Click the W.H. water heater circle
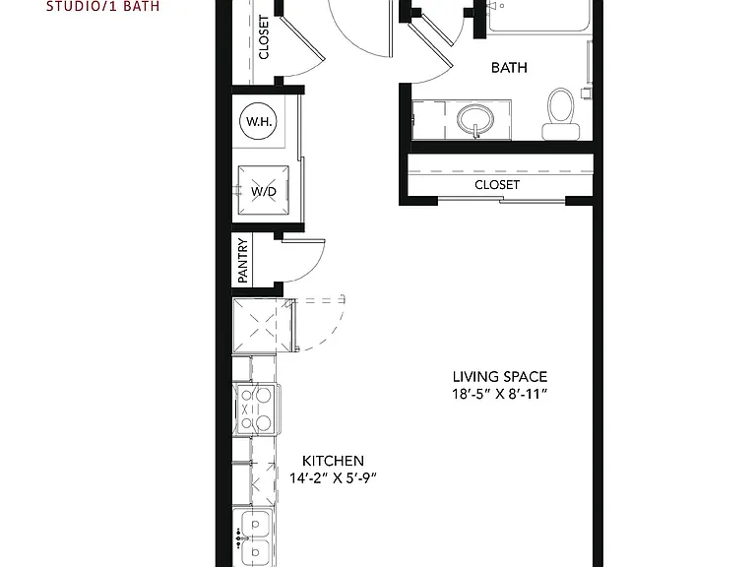259,121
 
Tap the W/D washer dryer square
264,191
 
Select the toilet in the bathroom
561,114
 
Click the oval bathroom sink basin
475,118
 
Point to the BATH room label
509,68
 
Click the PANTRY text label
242,261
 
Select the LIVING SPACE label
500,377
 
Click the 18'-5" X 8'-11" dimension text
500,395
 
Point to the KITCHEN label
333,461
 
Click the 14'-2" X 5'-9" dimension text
333,477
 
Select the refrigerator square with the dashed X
263,326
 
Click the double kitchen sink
253,536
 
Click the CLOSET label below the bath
497,185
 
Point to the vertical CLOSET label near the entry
264,37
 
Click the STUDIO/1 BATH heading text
102,6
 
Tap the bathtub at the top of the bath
539,16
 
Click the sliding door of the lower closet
501,200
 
